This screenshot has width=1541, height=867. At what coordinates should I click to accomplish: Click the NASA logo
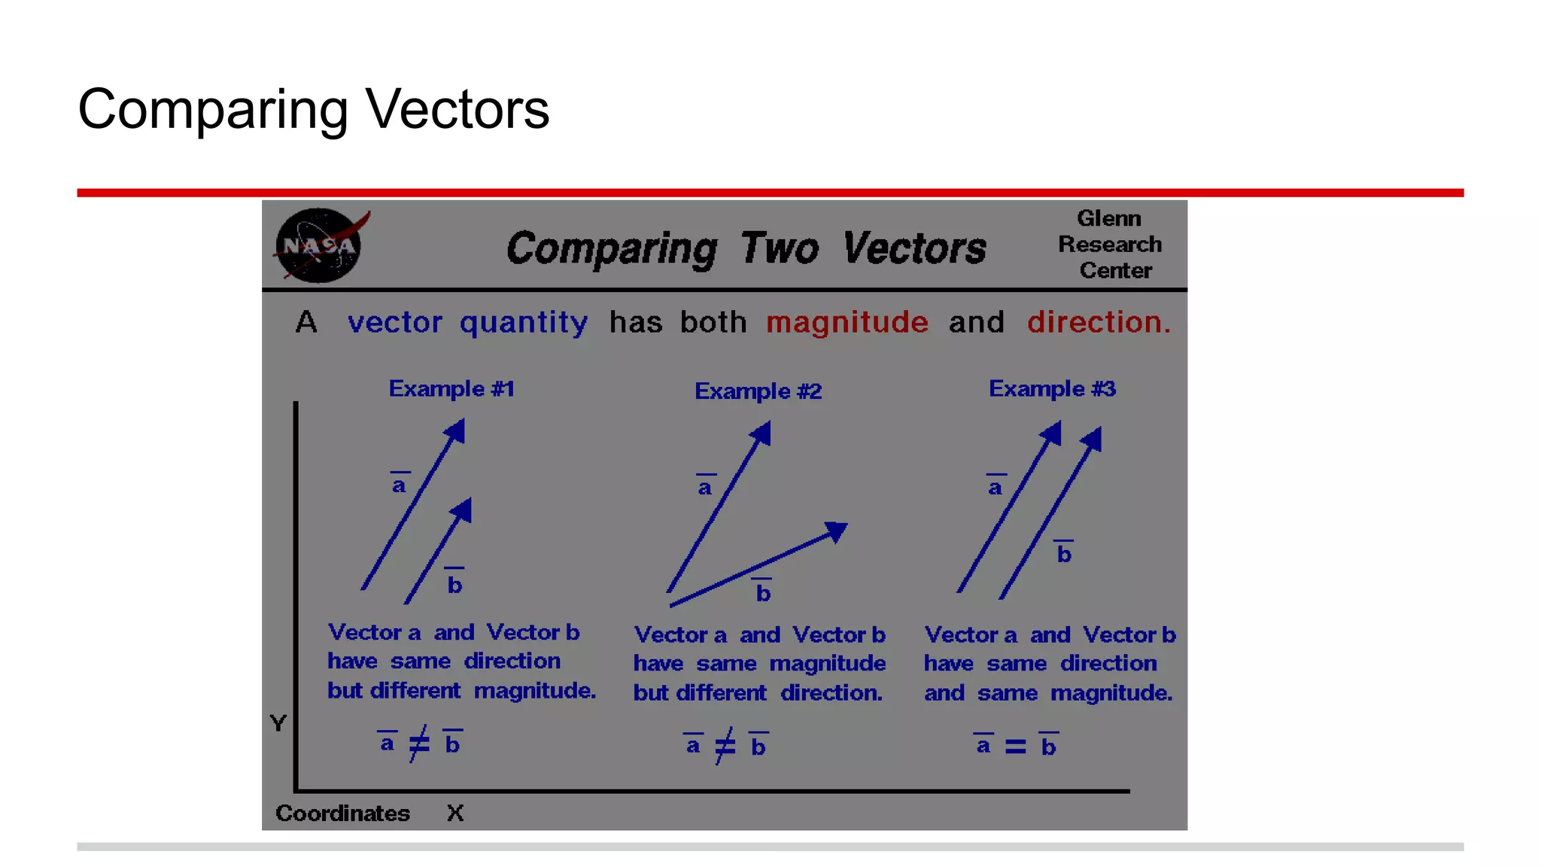click(x=319, y=245)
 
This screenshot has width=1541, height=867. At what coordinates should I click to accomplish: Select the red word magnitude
click(x=846, y=323)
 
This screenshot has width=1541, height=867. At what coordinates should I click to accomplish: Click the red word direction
click(x=1098, y=323)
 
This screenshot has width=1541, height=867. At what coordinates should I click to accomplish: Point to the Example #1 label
click(x=451, y=389)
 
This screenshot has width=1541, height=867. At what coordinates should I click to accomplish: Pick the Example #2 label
click(x=758, y=391)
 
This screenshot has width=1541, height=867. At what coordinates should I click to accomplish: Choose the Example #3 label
click(x=1052, y=389)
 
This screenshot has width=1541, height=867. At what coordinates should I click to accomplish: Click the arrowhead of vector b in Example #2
click(x=837, y=530)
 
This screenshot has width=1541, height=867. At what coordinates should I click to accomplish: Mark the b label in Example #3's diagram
click(x=1063, y=553)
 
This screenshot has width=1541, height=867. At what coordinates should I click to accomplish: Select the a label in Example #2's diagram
click(x=705, y=487)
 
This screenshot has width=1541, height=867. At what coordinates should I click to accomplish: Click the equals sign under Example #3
click(x=1015, y=747)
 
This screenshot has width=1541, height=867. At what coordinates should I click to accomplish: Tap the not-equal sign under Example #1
click(x=419, y=744)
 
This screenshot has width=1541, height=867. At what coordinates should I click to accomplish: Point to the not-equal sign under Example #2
click(x=725, y=747)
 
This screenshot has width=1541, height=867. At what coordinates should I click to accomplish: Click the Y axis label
click(x=278, y=723)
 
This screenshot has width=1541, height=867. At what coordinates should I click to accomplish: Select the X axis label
click(x=455, y=813)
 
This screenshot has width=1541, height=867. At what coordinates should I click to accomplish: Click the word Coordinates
click(x=342, y=813)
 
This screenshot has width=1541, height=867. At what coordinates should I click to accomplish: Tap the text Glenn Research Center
click(x=1110, y=245)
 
